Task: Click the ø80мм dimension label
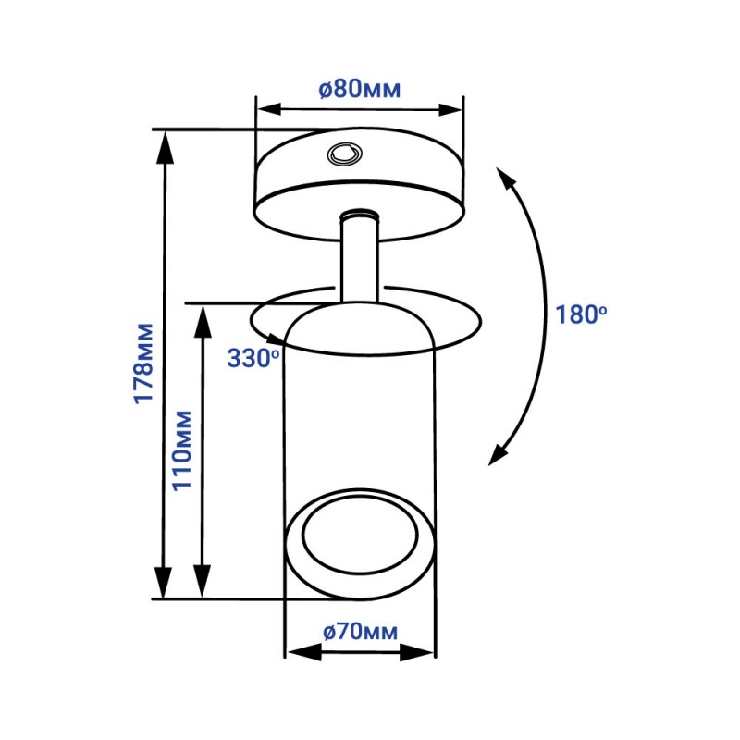360,89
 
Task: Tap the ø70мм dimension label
360,632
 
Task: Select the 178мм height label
144,364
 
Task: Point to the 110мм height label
181,450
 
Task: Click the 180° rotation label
581,314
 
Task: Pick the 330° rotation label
253,358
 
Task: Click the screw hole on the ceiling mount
344,154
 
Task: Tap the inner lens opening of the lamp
361,535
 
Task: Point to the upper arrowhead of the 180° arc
505,178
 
